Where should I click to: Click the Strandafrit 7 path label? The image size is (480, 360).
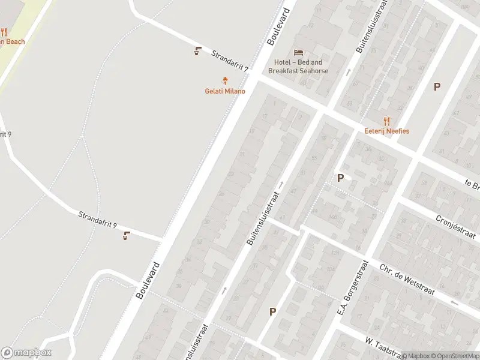[x=230, y=62]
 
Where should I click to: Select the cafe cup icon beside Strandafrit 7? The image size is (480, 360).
[x=197, y=51]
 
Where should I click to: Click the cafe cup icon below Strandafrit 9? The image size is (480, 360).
[x=126, y=236]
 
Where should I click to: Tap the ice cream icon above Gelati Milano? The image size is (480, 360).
[x=226, y=80]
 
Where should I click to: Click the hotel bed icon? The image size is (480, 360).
[x=298, y=52]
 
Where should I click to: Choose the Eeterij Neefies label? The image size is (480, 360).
[x=386, y=131]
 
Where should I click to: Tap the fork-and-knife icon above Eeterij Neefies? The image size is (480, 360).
[x=386, y=121]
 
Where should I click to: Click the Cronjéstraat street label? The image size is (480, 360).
[x=455, y=226]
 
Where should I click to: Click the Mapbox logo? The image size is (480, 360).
[x=26, y=353]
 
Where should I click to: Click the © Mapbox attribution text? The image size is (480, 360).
[x=416, y=356]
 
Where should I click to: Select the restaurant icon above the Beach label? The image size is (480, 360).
[x=4, y=32]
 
